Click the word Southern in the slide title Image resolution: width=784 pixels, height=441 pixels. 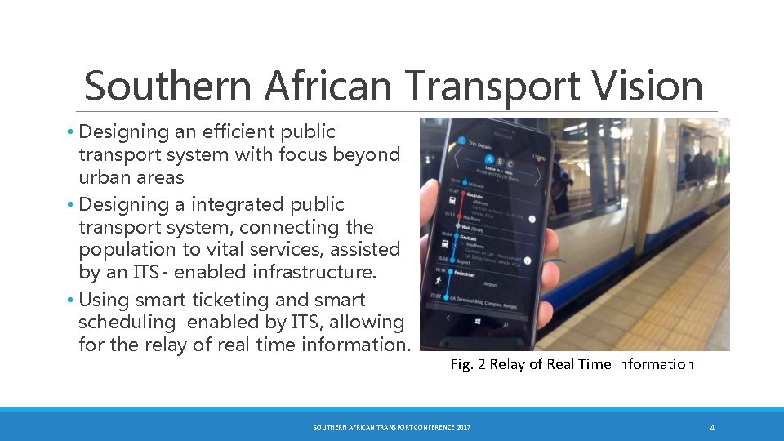pyautogui.click(x=154, y=87)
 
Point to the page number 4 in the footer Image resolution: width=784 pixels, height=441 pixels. pyautogui.click(x=712, y=428)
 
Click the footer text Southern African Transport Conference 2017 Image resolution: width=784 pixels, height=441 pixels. pyautogui.click(x=392, y=428)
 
